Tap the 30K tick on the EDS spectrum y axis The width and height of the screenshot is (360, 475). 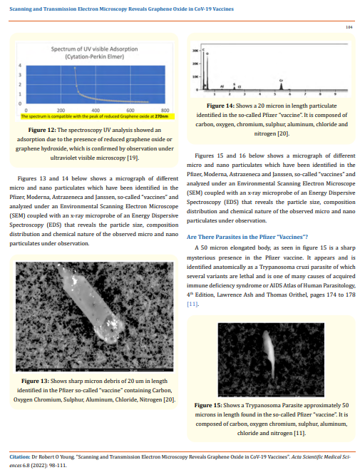coord(195,51)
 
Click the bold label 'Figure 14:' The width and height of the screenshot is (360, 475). coord(221,106)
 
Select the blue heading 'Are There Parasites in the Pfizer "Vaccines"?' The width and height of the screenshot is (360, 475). coord(247,216)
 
